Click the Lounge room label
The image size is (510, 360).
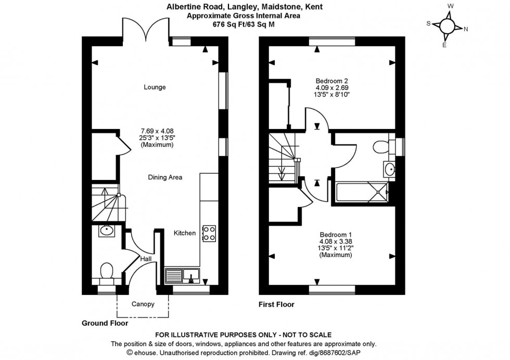[155, 87]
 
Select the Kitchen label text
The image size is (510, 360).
[185, 233]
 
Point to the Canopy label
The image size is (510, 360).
[143, 304]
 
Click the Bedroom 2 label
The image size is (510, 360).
[331, 81]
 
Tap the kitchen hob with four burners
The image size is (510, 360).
[209, 233]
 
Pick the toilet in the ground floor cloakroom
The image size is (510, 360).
[107, 272]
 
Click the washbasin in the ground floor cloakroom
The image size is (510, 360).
[107, 230]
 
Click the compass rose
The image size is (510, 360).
[447, 27]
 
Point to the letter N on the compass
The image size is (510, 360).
[466, 29]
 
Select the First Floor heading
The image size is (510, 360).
[276, 304]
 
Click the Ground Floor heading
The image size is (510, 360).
[105, 323]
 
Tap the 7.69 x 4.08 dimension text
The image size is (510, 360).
[157, 131]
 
